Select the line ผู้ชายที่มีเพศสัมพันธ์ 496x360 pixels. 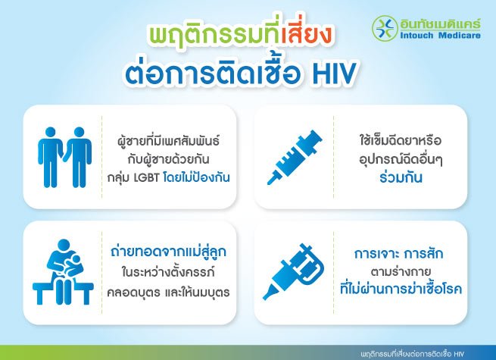(166, 140)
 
